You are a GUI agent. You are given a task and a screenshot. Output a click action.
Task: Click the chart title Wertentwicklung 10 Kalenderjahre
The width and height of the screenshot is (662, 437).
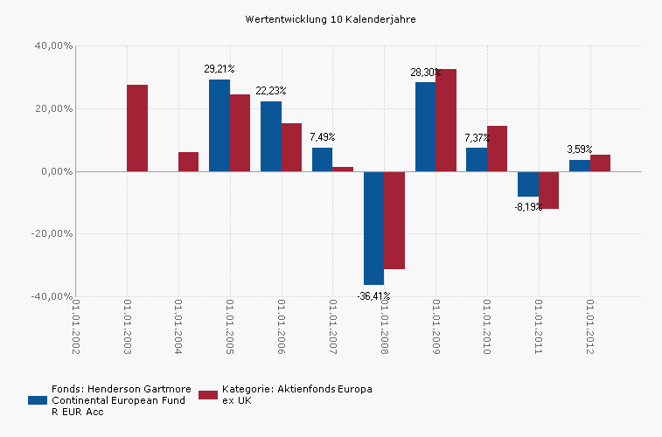tap(331, 18)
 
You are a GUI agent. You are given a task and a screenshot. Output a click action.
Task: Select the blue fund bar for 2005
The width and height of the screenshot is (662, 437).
tap(220, 126)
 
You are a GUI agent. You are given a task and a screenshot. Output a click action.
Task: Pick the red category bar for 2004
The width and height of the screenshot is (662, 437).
tap(188, 162)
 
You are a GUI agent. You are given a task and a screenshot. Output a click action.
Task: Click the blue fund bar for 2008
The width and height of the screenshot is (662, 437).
tap(373, 228)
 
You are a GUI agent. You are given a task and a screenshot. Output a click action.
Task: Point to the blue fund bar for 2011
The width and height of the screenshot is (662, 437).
tap(527, 184)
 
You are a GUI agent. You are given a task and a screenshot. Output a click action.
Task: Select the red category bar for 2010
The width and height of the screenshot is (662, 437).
tap(497, 149)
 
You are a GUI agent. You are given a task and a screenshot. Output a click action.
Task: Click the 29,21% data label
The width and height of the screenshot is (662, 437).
tap(220, 68)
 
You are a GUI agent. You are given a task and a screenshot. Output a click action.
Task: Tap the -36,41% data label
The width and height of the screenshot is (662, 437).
tap(373, 296)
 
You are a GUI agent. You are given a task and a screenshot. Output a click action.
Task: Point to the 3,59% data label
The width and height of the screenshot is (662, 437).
tap(580, 149)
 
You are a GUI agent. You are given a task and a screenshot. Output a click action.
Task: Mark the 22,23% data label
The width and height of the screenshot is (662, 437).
tap(271, 91)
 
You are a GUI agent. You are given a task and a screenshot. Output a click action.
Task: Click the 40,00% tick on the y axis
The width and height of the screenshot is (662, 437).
tap(54, 45)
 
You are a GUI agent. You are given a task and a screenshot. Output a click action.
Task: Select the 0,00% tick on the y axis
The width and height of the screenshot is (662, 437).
tap(57, 171)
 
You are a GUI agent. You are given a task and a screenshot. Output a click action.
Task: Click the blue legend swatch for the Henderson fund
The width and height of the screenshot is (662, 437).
tap(37, 399)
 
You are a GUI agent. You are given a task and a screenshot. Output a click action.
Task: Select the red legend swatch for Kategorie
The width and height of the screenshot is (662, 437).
tap(208, 395)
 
